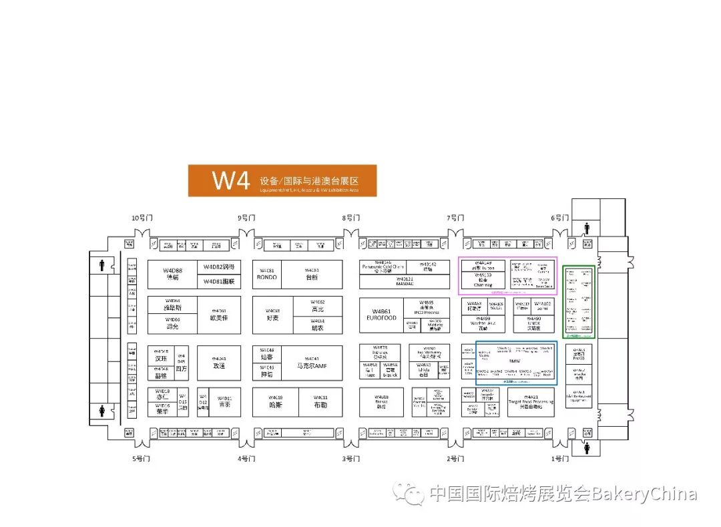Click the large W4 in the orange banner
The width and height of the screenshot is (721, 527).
pos(230,180)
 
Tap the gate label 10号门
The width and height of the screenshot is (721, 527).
pos(142,218)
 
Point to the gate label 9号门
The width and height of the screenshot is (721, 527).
pos(247,218)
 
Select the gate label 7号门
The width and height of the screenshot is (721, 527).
pos(455,218)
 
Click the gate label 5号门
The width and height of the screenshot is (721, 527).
pos(142,459)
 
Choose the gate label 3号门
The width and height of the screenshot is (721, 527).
pos(351,459)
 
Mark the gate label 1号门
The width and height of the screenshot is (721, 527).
pos(559,459)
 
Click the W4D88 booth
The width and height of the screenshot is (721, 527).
pos(172,274)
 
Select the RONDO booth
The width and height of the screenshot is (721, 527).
pos(267,275)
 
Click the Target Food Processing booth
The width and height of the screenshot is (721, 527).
pos(531,403)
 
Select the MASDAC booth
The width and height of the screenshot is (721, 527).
pos(405,283)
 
